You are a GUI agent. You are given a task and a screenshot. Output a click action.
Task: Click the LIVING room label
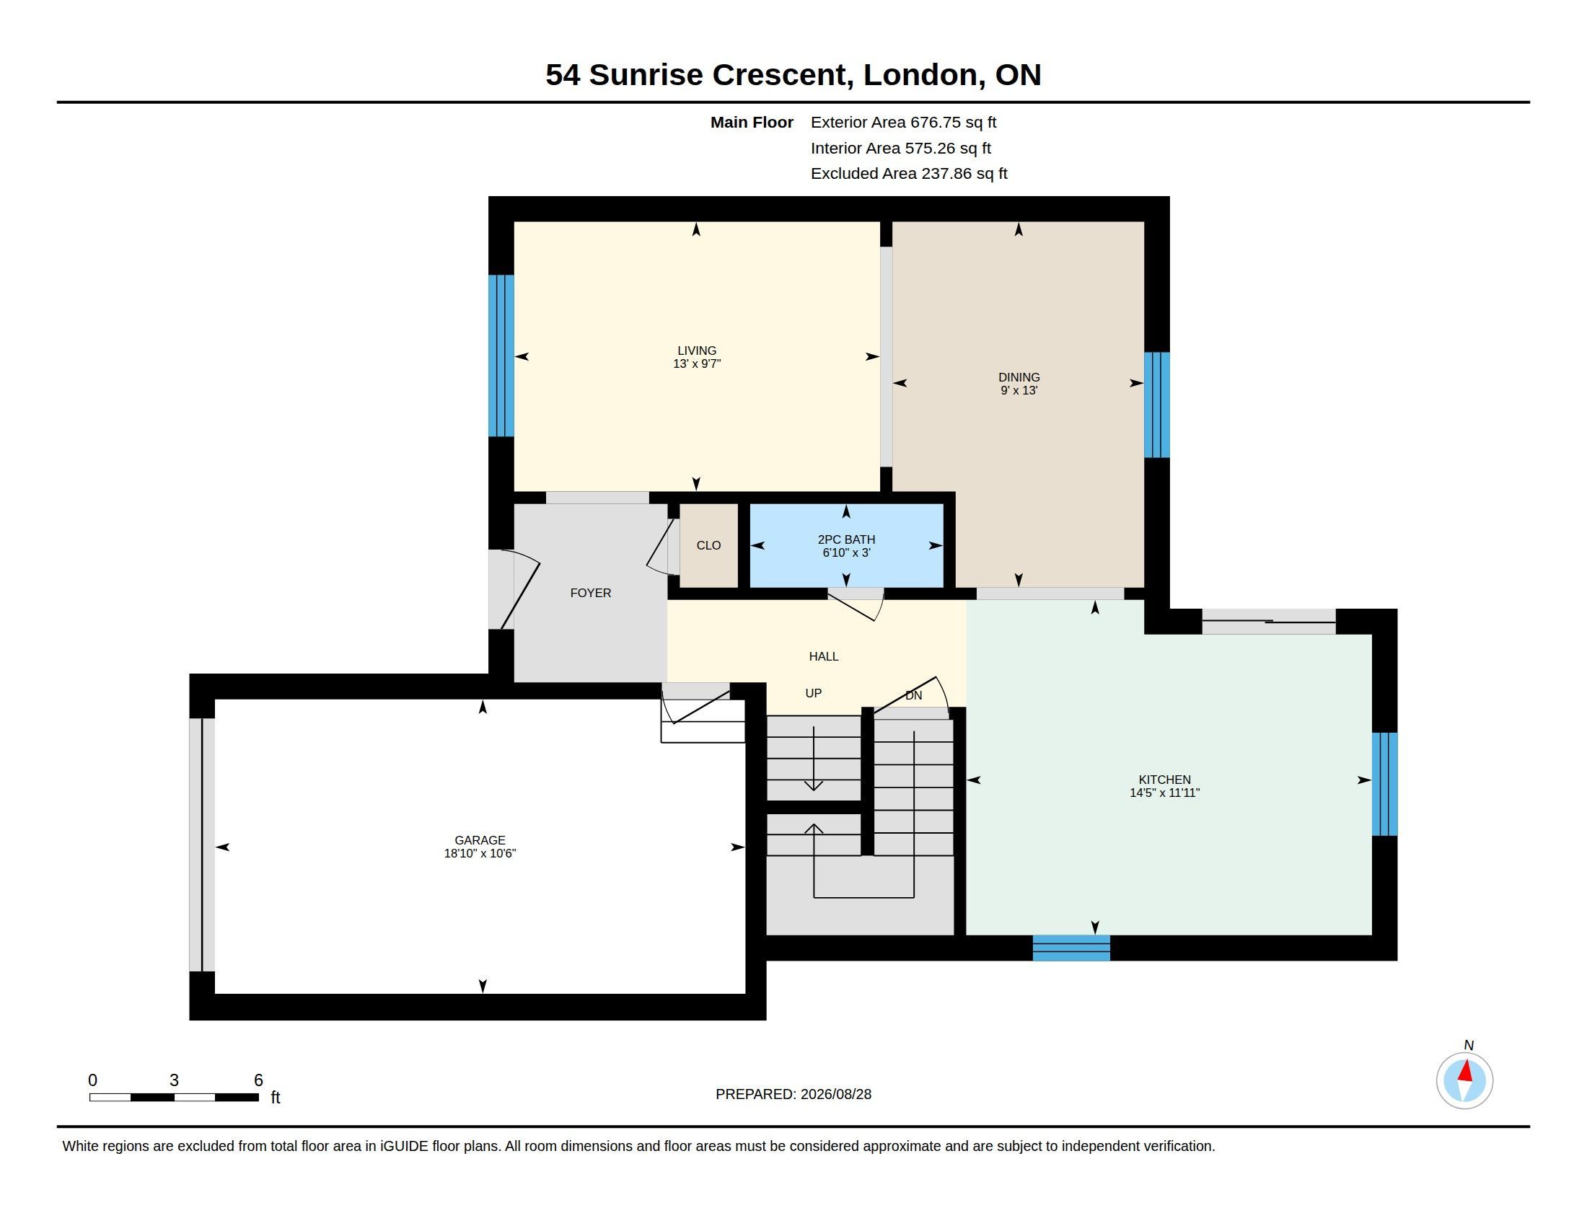click(x=697, y=350)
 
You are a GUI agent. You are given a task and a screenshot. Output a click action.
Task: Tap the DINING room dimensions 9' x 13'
click(x=1019, y=391)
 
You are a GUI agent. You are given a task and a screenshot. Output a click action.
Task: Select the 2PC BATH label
click(x=847, y=539)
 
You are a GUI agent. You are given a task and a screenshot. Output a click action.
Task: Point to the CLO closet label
click(x=708, y=545)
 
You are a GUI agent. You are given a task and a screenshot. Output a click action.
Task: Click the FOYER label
click(x=591, y=594)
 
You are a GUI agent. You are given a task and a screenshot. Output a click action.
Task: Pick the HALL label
click(x=824, y=656)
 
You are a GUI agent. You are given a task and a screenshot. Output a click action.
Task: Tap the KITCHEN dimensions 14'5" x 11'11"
click(x=1164, y=793)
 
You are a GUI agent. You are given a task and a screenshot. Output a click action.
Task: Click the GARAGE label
click(x=480, y=840)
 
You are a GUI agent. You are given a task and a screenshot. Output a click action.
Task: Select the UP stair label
click(x=813, y=694)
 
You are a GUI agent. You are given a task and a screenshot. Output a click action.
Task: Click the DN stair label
click(x=913, y=696)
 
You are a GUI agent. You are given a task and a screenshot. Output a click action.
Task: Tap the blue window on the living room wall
click(x=501, y=356)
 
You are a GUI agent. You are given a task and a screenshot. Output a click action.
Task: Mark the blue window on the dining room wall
click(x=1157, y=405)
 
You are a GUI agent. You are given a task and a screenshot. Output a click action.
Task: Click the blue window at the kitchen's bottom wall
click(x=1071, y=948)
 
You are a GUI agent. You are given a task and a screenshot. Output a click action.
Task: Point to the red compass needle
click(x=1466, y=1070)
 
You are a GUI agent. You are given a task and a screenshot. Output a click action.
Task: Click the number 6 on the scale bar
click(x=258, y=1080)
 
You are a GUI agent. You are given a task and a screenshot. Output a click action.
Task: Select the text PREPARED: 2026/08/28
click(x=793, y=1095)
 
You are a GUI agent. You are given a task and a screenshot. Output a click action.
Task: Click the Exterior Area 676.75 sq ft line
click(x=903, y=123)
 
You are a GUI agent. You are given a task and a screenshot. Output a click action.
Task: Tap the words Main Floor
click(x=752, y=123)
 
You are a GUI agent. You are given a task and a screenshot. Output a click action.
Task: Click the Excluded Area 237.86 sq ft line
click(x=909, y=174)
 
